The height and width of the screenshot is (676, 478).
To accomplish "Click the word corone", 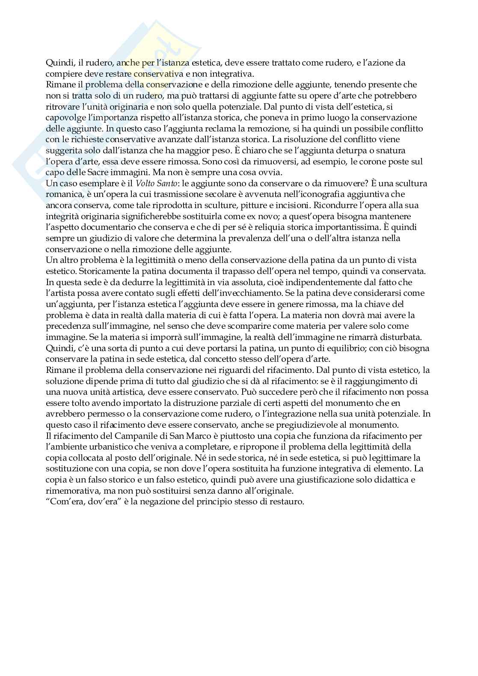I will pyautogui.click(x=361, y=161).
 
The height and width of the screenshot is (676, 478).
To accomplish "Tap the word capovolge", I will pyautogui.click(x=65, y=117).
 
